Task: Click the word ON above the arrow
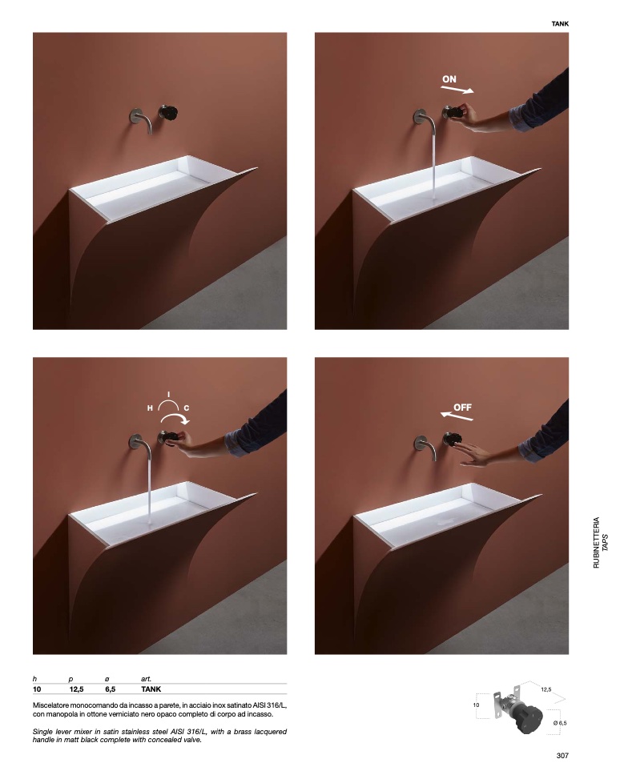pyautogui.click(x=449, y=79)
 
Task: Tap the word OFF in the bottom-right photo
pyautogui.click(x=462, y=408)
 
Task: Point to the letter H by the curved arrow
pyautogui.click(x=150, y=408)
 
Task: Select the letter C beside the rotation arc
pyautogui.click(x=187, y=408)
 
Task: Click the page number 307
pyautogui.click(x=562, y=755)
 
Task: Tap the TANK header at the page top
pyautogui.click(x=560, y=24)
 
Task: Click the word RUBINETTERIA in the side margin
pyautogui.click(x=596, y=542)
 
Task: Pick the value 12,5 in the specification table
pyautogui.click(x=77, y=689)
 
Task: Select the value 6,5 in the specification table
pyautogui.click(x=111, y=689)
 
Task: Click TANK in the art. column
pyautogui.click(x=151, y=689)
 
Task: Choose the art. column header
pyautogui.click(x=146, y=679)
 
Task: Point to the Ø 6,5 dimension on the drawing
pyautogui.click(x=560, y=723)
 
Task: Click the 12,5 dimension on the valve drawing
pyautogui.click(x=546, y=689)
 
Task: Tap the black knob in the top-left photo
pyautogui.click(x=168, y=113)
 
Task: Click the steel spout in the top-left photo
pyautogui.click(x=142, y=121)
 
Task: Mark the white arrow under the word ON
pyautogui.click(x=457, y=90)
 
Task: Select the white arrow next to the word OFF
pyautogui.click(x=457, y=416)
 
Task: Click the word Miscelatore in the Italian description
pyautogui.click(x=51, y=705)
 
